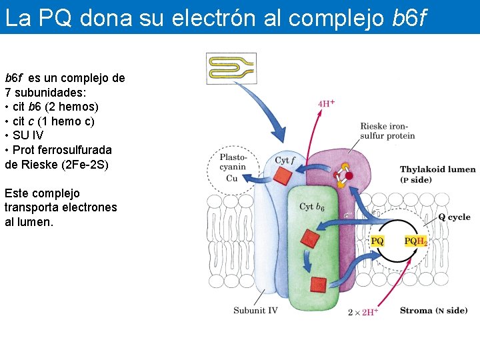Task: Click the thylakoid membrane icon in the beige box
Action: click(231, 68)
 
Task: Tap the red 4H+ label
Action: click(326, 104)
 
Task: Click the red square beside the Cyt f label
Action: click(283, 176)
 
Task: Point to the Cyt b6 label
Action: click(311, 207)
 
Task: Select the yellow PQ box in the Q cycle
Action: click(377, 241)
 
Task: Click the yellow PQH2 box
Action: click(415, 241)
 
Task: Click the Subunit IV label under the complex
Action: click(255, 310)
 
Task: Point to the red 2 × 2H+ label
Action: click(363, 311)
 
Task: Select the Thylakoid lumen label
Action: click(437, 169)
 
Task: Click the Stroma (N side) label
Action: click(433, 311)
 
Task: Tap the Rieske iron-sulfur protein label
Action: click(387, 131)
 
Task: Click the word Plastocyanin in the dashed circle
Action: click(232, 162)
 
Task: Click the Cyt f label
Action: click(285, 160)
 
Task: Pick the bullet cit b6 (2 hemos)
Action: click(51, 107)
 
